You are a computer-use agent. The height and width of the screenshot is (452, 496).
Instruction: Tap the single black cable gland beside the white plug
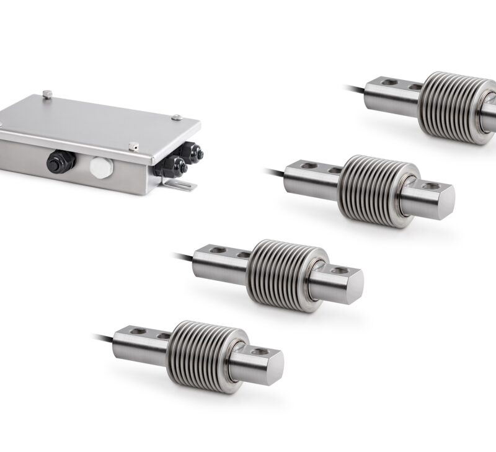[x=60, y=162]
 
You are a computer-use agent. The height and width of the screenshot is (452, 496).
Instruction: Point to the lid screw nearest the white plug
[x=133, y=146]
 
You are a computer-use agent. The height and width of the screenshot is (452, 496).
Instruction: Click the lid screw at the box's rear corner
[x=47, y=94]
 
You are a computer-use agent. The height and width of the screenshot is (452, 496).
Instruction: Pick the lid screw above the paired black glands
[x=177, y=117]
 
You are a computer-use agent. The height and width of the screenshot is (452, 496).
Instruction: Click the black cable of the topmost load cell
[x=354, y=89]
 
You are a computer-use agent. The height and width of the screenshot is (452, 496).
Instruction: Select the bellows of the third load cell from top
[x=283, y=275]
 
